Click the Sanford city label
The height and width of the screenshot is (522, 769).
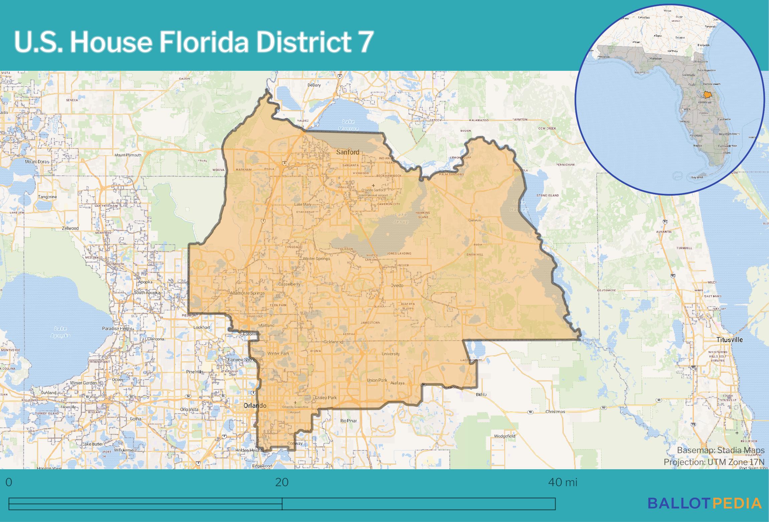(x=347, y=152)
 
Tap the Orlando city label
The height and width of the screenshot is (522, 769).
(x=255, y=405)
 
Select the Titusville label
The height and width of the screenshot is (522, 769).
(x=729, y=340)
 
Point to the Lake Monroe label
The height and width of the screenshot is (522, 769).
(x=348, y=125)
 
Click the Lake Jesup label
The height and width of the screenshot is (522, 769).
(x=401, y=218)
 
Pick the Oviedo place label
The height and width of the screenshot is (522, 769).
(x=397, y=286)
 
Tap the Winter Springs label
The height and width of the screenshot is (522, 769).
(x=316, y=258)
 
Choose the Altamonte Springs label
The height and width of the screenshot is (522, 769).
(x=247, y=293)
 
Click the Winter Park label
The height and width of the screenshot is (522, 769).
(x=278, y=353)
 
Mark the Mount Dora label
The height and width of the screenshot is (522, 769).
(x=36, y=162)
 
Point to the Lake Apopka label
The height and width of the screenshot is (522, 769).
(x=60, y=332)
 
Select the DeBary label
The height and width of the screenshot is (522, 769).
(x=314, y=85)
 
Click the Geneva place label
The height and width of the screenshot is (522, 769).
(x=474, y=220)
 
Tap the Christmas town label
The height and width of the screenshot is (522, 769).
(x=555, y=411)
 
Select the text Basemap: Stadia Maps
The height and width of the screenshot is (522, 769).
(x=721, y=450)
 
